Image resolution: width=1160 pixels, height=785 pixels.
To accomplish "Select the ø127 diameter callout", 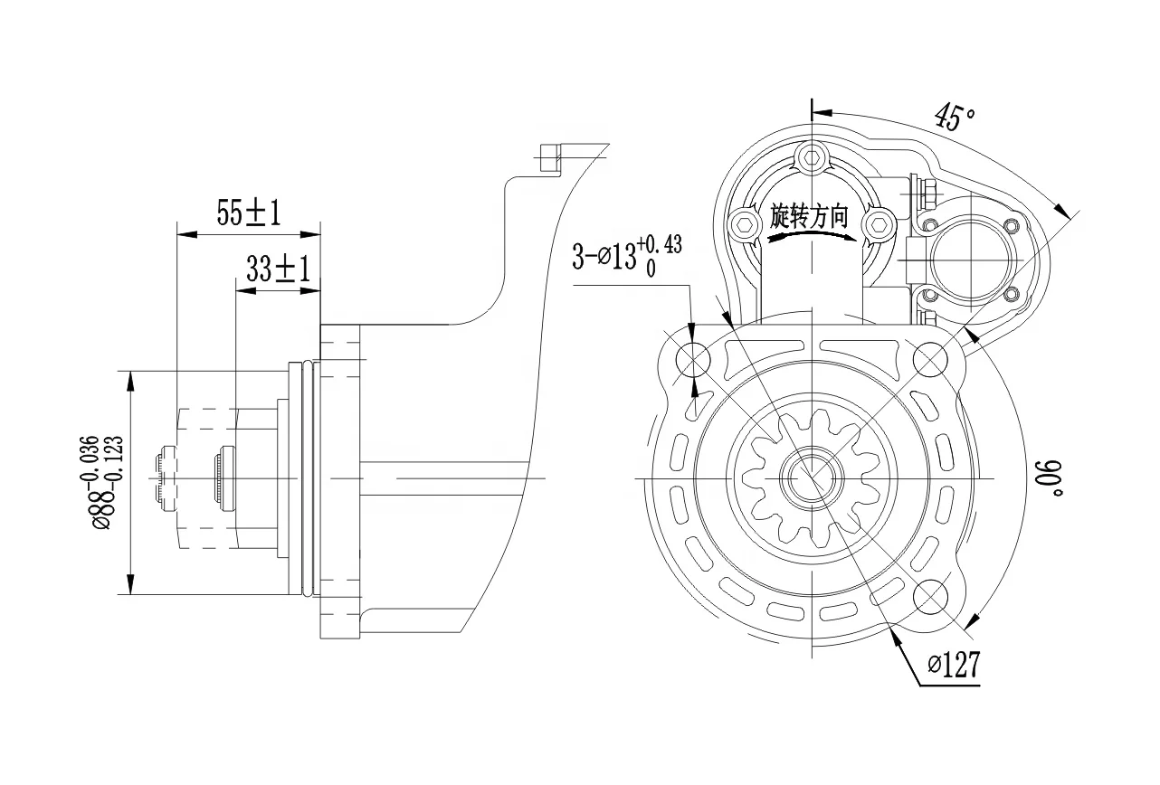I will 954,667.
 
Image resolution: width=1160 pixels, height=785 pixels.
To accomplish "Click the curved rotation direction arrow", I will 812,237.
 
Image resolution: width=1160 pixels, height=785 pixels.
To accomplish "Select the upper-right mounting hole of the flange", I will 930,360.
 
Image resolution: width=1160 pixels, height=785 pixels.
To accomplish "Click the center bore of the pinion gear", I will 812,478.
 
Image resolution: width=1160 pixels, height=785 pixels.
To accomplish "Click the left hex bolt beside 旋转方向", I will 745,223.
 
